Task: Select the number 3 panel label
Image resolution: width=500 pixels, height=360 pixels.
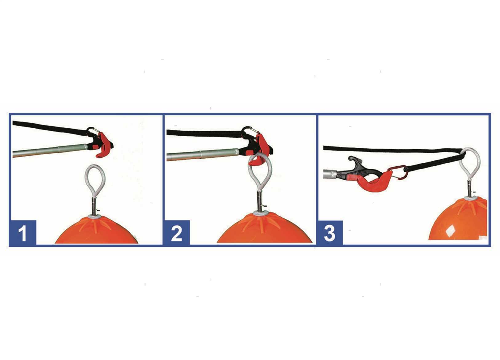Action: click(330, 233)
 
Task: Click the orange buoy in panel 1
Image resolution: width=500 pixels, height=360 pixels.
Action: click(96, 230)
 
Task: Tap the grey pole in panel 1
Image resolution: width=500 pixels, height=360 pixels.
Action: click(50, 150)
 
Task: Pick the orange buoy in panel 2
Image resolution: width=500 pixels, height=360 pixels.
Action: click(265, 229)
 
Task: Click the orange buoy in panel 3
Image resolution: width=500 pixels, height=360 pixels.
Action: click(460, 220)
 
